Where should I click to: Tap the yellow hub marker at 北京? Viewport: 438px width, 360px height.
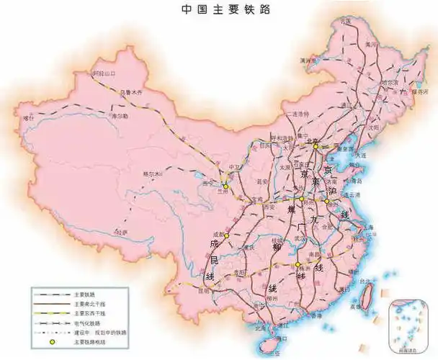pos(316,146)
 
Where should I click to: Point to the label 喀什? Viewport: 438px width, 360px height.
pos(29,117)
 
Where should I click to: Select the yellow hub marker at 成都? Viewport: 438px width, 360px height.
pos(226,235)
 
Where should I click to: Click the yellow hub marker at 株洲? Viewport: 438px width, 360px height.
pos(297,265)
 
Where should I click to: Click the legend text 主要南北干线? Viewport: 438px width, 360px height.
pos(89,304)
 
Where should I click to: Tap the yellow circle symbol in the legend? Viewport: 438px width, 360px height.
pos(51,343)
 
